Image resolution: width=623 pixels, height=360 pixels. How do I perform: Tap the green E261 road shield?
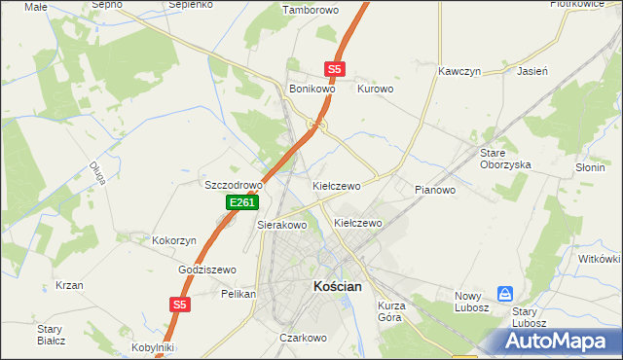click(242, 202)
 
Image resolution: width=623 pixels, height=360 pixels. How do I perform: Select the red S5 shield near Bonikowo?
click(335, 69)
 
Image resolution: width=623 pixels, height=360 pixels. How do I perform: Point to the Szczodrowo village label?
click(234, 185)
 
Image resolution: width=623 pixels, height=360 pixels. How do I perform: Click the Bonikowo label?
click(312, 89)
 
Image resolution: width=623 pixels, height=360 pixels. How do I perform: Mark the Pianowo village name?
click(435, 190)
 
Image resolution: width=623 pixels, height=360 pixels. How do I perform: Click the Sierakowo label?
click(282, 225)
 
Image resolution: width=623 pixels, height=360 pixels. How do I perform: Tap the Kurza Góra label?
click(390, 311)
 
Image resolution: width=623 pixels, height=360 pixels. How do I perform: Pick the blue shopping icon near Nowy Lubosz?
click(505, 293)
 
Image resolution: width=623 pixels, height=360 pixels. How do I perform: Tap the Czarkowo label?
click(302, 338)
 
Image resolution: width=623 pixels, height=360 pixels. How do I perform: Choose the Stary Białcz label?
click(51, 335)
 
